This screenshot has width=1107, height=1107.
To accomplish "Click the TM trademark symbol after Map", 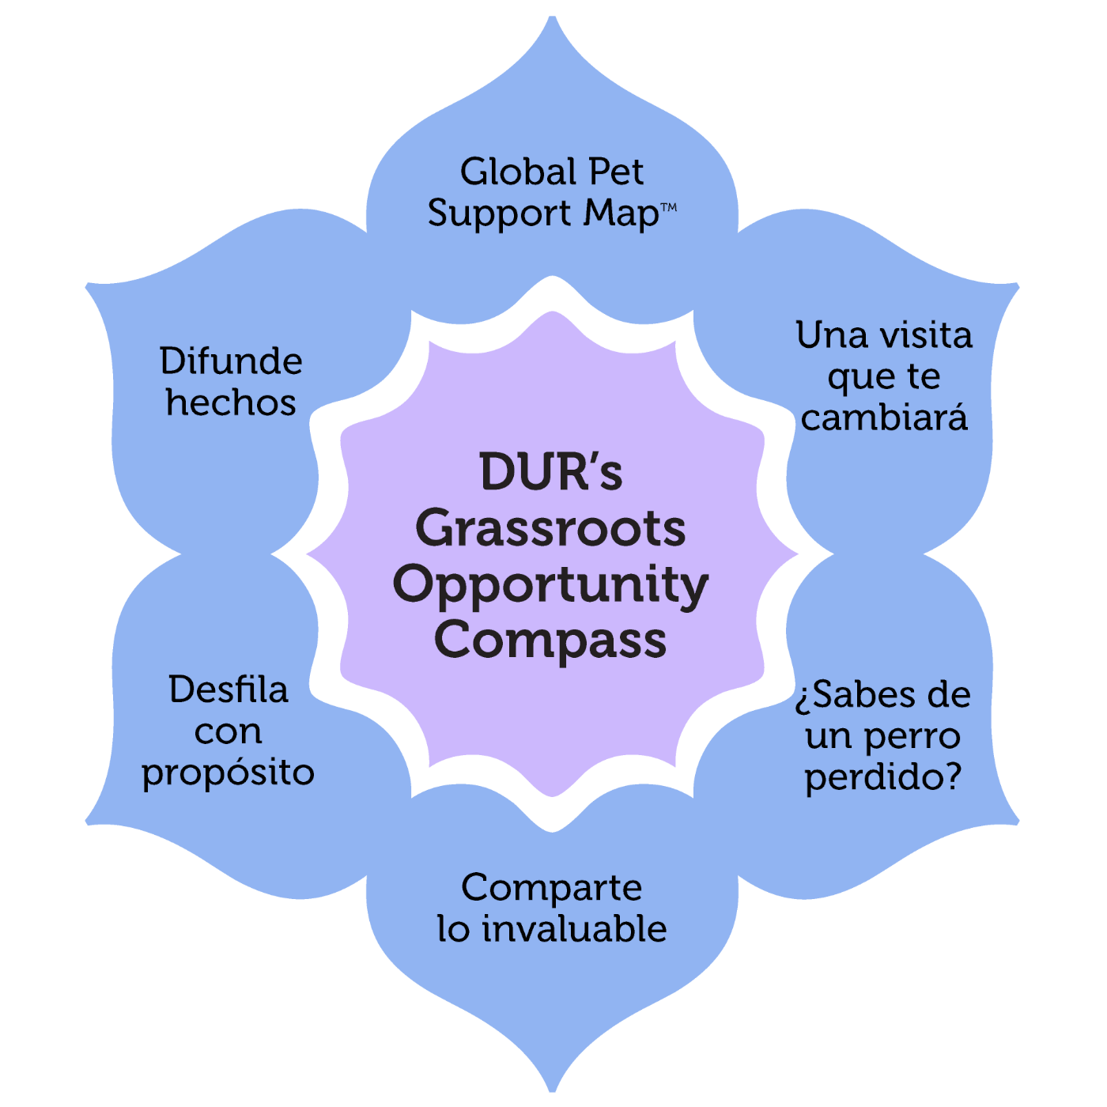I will [668, 207].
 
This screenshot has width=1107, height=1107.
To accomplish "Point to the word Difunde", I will [231, 361].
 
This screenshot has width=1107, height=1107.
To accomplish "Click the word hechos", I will [231, 402].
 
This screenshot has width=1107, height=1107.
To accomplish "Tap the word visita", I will [923, 335].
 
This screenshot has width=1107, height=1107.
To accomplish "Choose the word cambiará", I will [884, 417].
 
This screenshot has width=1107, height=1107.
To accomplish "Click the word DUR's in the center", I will [551, 473].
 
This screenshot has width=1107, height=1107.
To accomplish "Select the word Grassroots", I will [551, 528].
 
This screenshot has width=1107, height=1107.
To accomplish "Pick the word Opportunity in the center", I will [551, 585].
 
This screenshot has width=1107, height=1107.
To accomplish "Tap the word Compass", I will [551, 640].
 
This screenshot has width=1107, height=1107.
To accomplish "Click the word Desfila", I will [229, 690].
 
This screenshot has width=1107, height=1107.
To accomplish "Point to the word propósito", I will [229, 773].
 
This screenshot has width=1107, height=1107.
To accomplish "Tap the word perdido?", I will [883, 777].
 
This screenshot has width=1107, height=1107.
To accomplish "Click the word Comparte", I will [552, 888].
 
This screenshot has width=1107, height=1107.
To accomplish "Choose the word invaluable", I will [575, 929].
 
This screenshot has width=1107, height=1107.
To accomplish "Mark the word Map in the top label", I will [622, 214].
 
